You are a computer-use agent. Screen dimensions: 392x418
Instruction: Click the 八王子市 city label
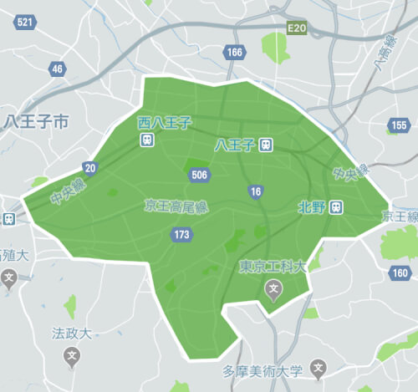click(x=36, y=123)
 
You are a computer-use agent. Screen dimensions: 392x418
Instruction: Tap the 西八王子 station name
click(x=165, y=123)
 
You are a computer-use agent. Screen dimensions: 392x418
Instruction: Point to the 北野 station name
click(x=311, y=206)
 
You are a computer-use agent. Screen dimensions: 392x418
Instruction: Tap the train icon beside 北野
click(x=335, y=206)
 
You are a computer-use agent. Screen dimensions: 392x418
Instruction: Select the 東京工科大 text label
click(x=273, y=268)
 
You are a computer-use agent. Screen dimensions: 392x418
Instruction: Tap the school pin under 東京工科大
click(x=273, y=290)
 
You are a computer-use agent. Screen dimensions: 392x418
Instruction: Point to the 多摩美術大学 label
click(x=262, y=370)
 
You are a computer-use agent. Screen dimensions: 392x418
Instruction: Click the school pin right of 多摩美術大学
click(x=318, y=369)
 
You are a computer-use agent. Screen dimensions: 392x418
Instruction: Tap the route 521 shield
click(x=26, y=23)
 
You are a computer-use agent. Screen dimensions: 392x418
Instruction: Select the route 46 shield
click(x=57, y=69)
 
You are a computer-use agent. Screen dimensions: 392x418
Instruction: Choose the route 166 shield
click(x=234, y=53)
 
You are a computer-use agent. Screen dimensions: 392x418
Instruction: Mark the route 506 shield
click(x=199, y=175)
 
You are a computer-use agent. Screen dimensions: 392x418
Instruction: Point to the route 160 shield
click(x=400, y=272)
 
